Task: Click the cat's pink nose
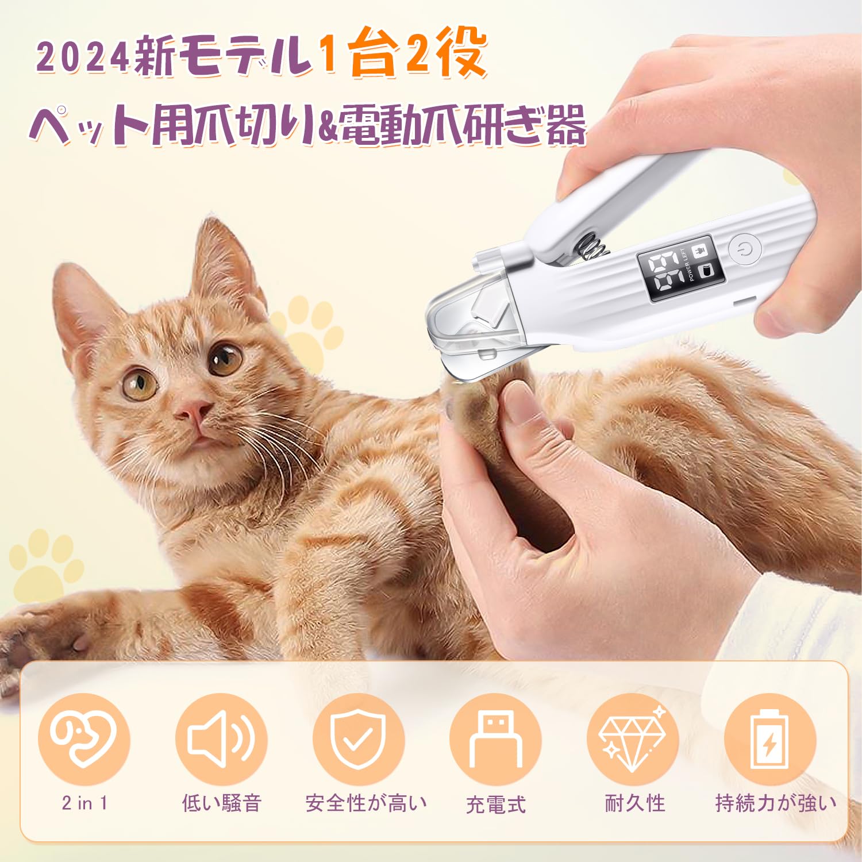pos(194,409)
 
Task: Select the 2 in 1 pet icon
pos(84,739)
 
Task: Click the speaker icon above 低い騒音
pos(221,739)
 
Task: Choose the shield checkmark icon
pos(359,739)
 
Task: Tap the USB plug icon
pos(495,739)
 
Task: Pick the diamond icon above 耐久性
pos(633,739)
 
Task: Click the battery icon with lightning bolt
pos(769,739)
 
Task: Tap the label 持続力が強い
pos(775,803)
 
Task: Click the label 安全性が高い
pos(366,803)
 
